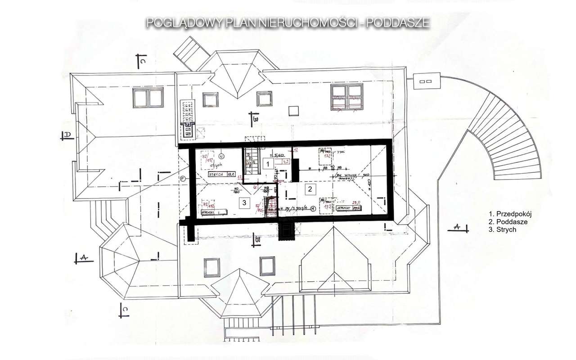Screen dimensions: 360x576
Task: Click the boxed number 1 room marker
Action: coord(268,164)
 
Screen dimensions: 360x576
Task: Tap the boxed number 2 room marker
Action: coord(309,189)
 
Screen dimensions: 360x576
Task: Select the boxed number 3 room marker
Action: coord(244,203)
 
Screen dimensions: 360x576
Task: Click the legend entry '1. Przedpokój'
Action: coord(510,214)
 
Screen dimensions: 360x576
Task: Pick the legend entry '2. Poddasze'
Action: coord(508,222)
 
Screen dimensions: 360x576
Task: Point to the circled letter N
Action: coord(221,156)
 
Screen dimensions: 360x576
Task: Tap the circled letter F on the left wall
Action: coord(183,179)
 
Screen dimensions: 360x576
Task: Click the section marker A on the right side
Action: coord(458,227)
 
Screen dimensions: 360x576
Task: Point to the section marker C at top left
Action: coord(140,61)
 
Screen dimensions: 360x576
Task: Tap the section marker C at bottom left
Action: coord(125,309)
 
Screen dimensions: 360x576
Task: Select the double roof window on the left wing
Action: coord(148,98)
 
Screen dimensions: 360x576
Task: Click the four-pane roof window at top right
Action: coord(347,97)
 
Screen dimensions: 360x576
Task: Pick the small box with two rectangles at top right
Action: coord(426,81)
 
